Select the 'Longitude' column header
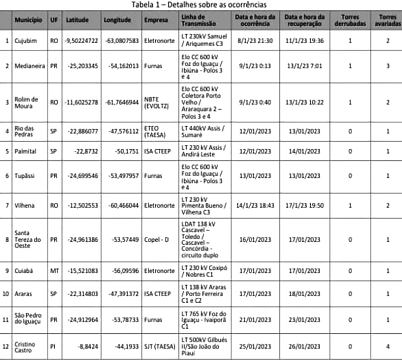(x=117, y=20)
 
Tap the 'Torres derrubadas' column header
(x=349, y=20)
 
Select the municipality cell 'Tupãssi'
(x=25, y=176)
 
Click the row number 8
(x=7, y=240)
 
